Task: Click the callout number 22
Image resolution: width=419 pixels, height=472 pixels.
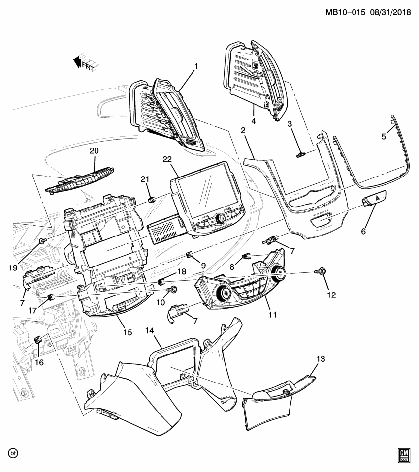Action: coord(167,159)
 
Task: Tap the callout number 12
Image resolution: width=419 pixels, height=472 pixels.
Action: coord(331,295)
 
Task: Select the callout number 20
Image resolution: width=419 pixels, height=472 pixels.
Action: coord(94,151)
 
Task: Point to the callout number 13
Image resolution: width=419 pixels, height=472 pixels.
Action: coord(321,360)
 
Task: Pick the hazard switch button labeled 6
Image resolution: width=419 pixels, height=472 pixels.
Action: coord(375,198)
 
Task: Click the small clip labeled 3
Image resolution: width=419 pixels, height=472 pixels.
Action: coord(300,155)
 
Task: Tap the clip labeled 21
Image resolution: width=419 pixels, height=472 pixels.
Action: coord(152,200)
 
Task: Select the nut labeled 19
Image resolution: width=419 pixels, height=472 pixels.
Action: coord(43,241)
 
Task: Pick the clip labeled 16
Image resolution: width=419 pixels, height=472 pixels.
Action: coord(38,339)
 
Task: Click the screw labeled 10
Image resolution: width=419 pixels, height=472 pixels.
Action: coord(174,290)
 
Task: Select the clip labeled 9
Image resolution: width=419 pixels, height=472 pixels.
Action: coord(189,254)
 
